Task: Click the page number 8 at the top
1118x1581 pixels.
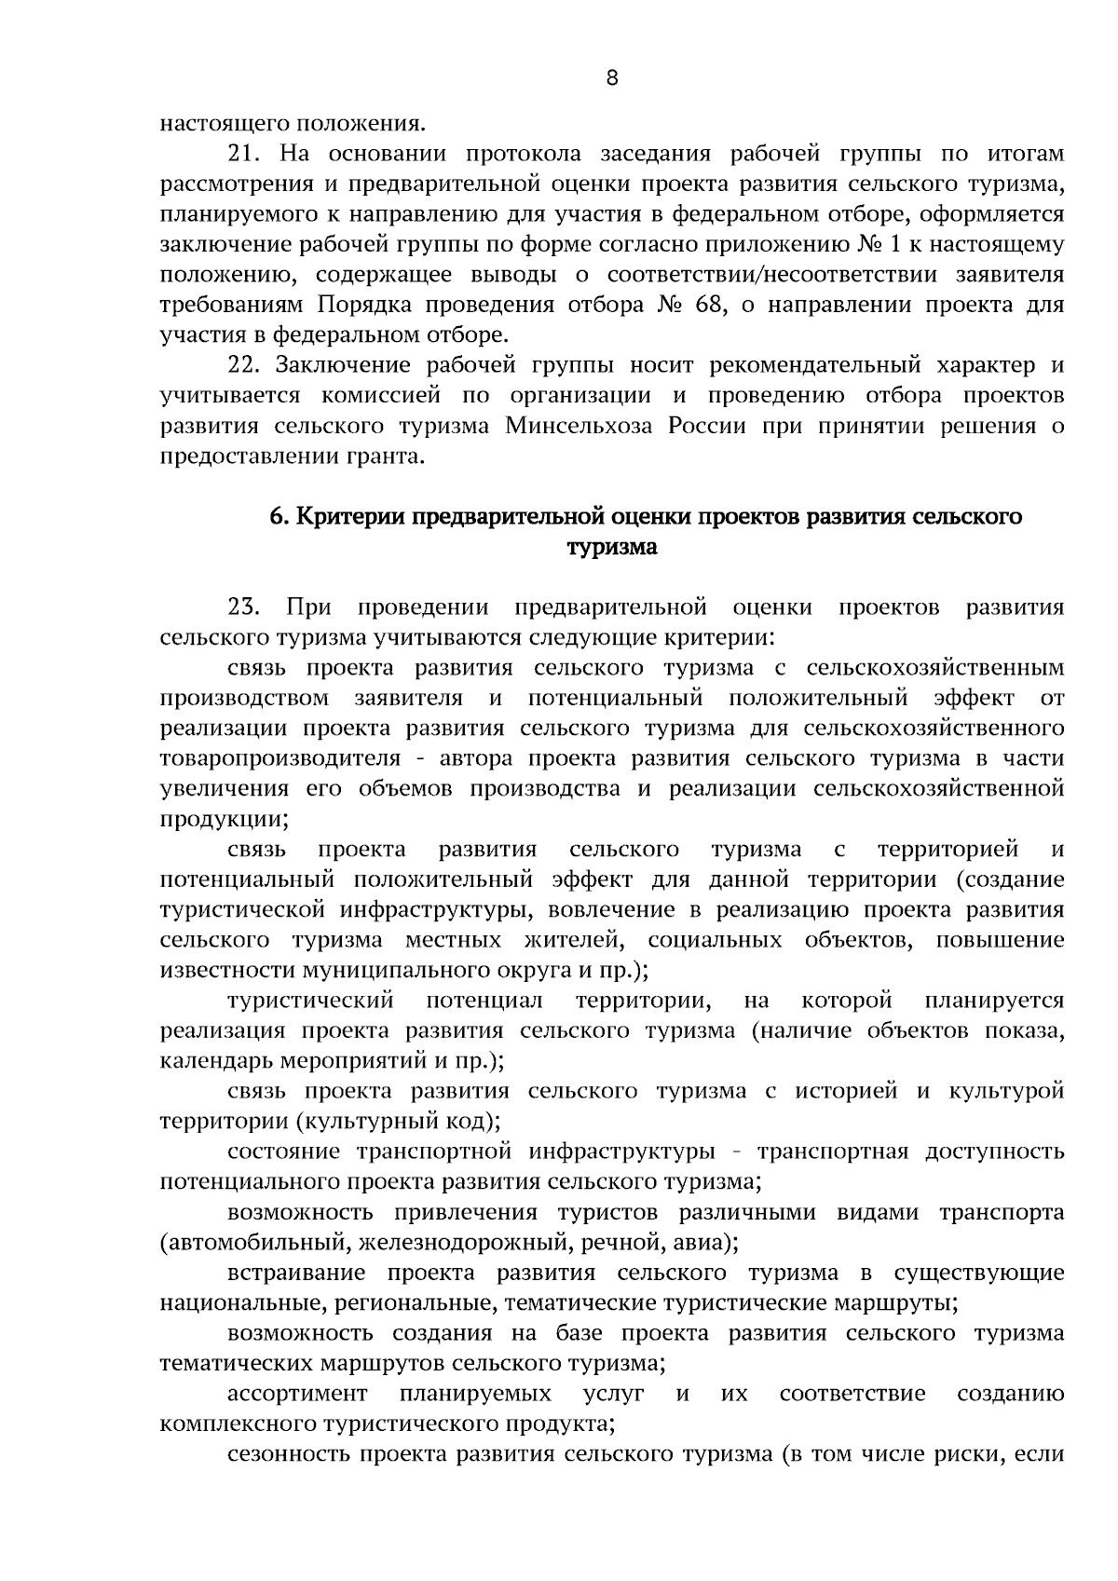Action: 611,78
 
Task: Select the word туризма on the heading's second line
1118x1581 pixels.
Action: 612,548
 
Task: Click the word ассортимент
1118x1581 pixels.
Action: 297,1394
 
